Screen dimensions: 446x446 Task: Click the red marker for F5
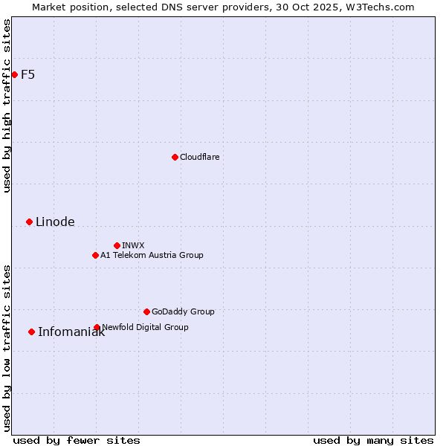(14, 74)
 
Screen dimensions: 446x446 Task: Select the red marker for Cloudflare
(175, 157)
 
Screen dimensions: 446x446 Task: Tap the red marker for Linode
(29, 222)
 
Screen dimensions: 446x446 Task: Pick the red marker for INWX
(117, 245)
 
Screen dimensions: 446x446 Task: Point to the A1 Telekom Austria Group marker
(95, 255)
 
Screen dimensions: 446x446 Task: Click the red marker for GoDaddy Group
(146, 311)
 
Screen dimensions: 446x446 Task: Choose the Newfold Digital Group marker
(97, 327)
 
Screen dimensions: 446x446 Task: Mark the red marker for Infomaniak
(31, 332)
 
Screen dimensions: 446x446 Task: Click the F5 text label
(28, 74)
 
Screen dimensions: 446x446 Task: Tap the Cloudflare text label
(199, 157)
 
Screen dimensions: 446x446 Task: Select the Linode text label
(55, 222)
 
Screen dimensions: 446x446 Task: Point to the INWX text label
(133, 245)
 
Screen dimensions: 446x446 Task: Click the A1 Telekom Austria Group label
(152, 255)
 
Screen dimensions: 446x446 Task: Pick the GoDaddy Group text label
(183, 311)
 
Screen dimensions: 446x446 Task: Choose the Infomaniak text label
(71, 332)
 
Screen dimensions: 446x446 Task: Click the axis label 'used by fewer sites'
(77, 440)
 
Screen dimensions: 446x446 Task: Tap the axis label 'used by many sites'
(373, 440)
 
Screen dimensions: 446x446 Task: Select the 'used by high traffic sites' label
(7, 106)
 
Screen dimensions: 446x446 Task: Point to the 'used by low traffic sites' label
(7, 347)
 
